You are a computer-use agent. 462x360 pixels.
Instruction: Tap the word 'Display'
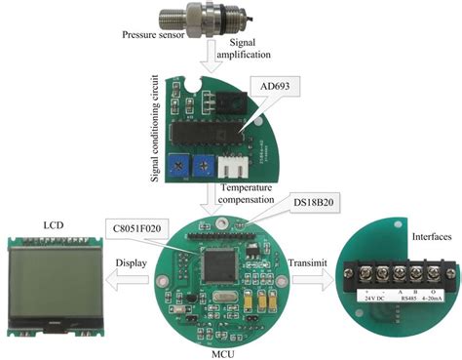coord(132,263)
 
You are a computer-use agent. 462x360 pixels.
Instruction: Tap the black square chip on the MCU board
coord(224,265)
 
